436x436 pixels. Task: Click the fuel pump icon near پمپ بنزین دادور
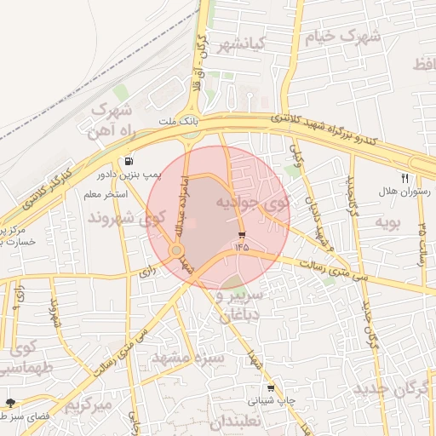point(129,160)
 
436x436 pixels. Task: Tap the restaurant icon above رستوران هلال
point(405,179)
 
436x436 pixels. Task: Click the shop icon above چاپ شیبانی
point(271,387)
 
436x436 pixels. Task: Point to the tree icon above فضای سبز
point(11,402)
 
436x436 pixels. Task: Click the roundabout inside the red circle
point(177,250)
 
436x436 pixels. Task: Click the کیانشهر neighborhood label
point(243,43)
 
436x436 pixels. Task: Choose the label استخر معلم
point(105,194)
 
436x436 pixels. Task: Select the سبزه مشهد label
point(187,358)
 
